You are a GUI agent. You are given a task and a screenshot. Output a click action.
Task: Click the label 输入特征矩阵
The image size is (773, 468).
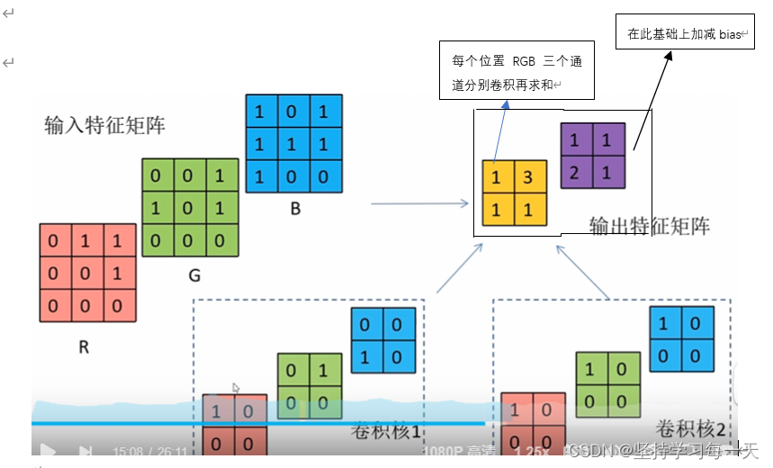pos(104,125)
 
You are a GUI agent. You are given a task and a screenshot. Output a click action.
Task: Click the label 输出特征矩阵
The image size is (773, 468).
pos(649,225)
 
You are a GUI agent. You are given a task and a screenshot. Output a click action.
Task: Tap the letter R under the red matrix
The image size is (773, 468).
pos(84,346)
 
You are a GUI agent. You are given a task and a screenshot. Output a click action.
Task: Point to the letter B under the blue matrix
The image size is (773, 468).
pos(294,208)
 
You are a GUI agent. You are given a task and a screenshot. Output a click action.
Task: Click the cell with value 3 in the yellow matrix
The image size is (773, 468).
pos(531,176)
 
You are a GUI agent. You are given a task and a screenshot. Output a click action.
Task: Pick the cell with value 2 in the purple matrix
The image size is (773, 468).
pos(575,170)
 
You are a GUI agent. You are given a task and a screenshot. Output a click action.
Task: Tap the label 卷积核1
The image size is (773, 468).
pos(386,431)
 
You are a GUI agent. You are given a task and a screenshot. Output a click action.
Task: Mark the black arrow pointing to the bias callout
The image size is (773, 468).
pos(652,99)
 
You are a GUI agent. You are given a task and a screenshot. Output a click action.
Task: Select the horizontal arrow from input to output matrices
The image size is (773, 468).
pos(418,204)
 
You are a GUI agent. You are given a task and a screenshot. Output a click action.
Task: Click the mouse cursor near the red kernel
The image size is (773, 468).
pos(237,389)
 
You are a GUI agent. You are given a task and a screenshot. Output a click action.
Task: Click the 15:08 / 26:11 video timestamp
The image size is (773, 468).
pos(150,451)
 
